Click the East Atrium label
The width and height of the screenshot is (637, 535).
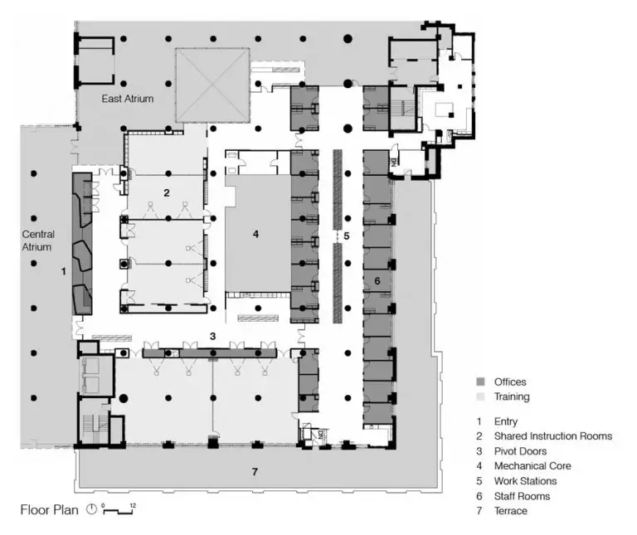point(128,99)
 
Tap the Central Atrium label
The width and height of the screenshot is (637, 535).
point(38,241)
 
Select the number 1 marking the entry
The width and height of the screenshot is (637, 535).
point(64,270)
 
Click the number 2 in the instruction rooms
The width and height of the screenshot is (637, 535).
point(166,192)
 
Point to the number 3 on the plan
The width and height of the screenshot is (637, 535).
point(213,336)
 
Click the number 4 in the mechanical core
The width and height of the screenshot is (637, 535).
point(255,234)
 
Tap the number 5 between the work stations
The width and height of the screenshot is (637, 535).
point(347,236)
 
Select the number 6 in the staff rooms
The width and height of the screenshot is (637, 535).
point(377,280)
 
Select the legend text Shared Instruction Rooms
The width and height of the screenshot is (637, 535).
point(552,435)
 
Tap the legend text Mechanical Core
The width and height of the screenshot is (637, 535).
point(532,465)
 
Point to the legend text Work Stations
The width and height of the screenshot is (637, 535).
point(525,480)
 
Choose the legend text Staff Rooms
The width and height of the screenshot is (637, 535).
point(522,496)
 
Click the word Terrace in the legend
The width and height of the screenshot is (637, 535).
point(510,511)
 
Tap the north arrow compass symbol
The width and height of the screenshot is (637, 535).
point(91,510)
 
